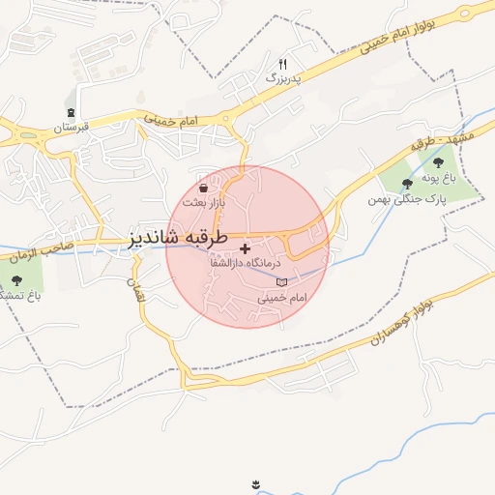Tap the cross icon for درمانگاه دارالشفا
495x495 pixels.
tap(245, 248)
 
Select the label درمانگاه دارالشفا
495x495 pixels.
tap(245, 263)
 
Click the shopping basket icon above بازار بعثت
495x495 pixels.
tap(204, 188)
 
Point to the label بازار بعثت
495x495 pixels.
tap(206, 203)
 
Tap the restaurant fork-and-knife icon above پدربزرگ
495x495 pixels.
tap(283, 64)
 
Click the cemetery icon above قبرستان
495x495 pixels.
tap(73, 112)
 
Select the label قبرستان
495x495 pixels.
tap(71, 127)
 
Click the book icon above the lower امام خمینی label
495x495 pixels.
tap(282, 282)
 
